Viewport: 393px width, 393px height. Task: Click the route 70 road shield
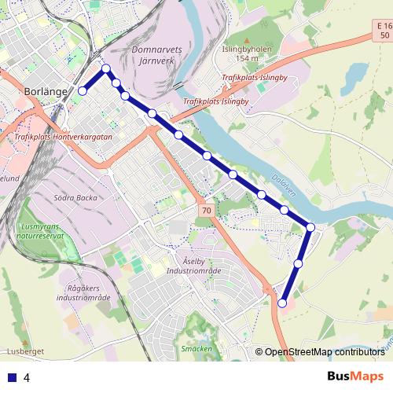pyautogui.click(x=206, y=211)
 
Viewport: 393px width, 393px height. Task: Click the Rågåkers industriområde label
pyautogui.click(x=83, y=293)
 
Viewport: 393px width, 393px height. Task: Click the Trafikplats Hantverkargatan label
pyautogui.click(x=64, y=137)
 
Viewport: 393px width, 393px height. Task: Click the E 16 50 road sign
pyautogui.click(x=383, y=32)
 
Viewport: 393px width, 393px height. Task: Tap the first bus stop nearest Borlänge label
pyautogui.click(x=82, y=91)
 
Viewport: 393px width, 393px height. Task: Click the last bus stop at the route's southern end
pyautogui.click(x=283, y=302)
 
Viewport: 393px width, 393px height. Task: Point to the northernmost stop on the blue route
pyautogui.click(x=105, y=70)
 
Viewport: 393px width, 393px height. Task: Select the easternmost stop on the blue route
pyautogui.click(x=310, y=227)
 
